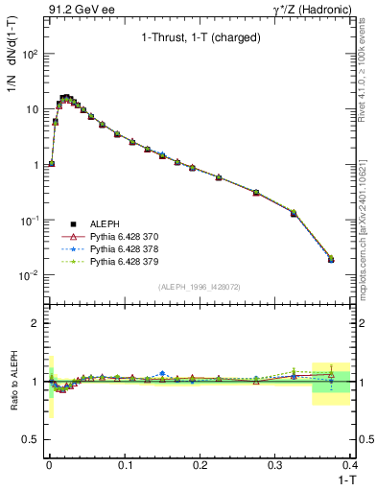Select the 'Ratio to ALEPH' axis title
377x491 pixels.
[12, 382]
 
